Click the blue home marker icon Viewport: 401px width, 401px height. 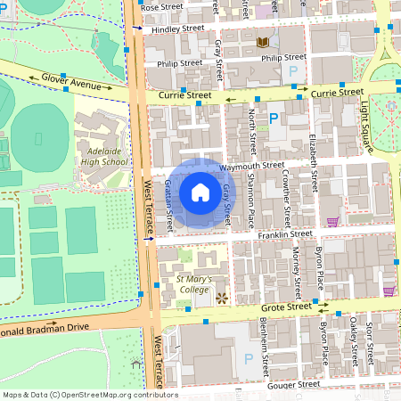[200, 192]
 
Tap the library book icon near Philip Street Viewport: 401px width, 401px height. [263, 42]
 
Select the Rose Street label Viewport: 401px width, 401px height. [161, 6]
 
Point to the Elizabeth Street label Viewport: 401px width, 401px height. [313, 142]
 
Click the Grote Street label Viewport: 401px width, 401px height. [286, 307]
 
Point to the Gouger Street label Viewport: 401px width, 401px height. [295, 385]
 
